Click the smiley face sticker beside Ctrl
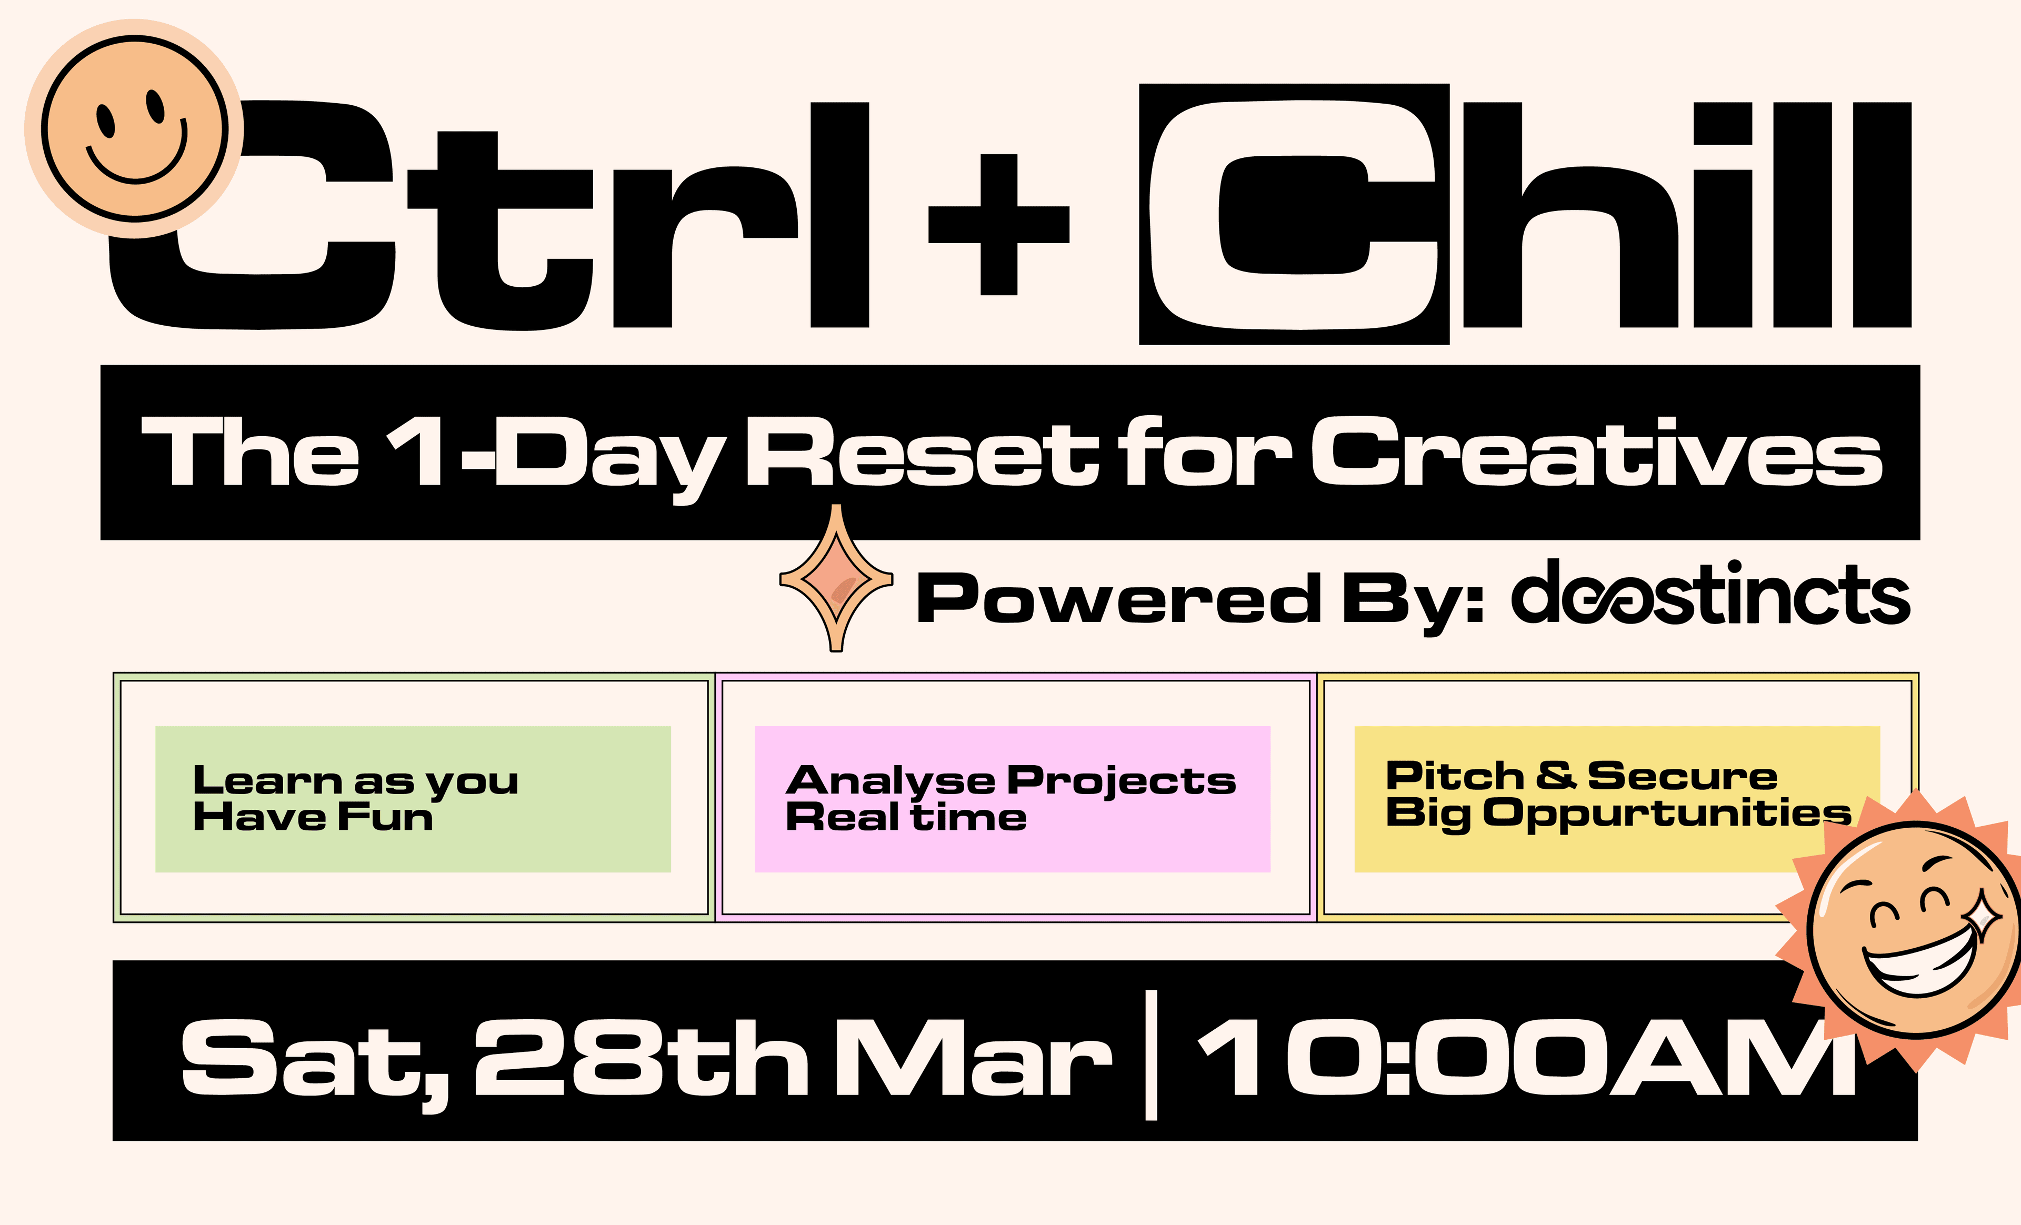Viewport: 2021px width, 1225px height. (135, 129)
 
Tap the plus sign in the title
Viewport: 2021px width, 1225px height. (998, 224)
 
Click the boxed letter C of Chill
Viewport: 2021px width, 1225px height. (1294, 214)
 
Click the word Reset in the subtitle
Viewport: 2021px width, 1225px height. (923, 453)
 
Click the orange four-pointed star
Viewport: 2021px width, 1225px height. (836, 579)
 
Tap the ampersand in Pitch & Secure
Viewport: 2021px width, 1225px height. (1555, 775)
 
